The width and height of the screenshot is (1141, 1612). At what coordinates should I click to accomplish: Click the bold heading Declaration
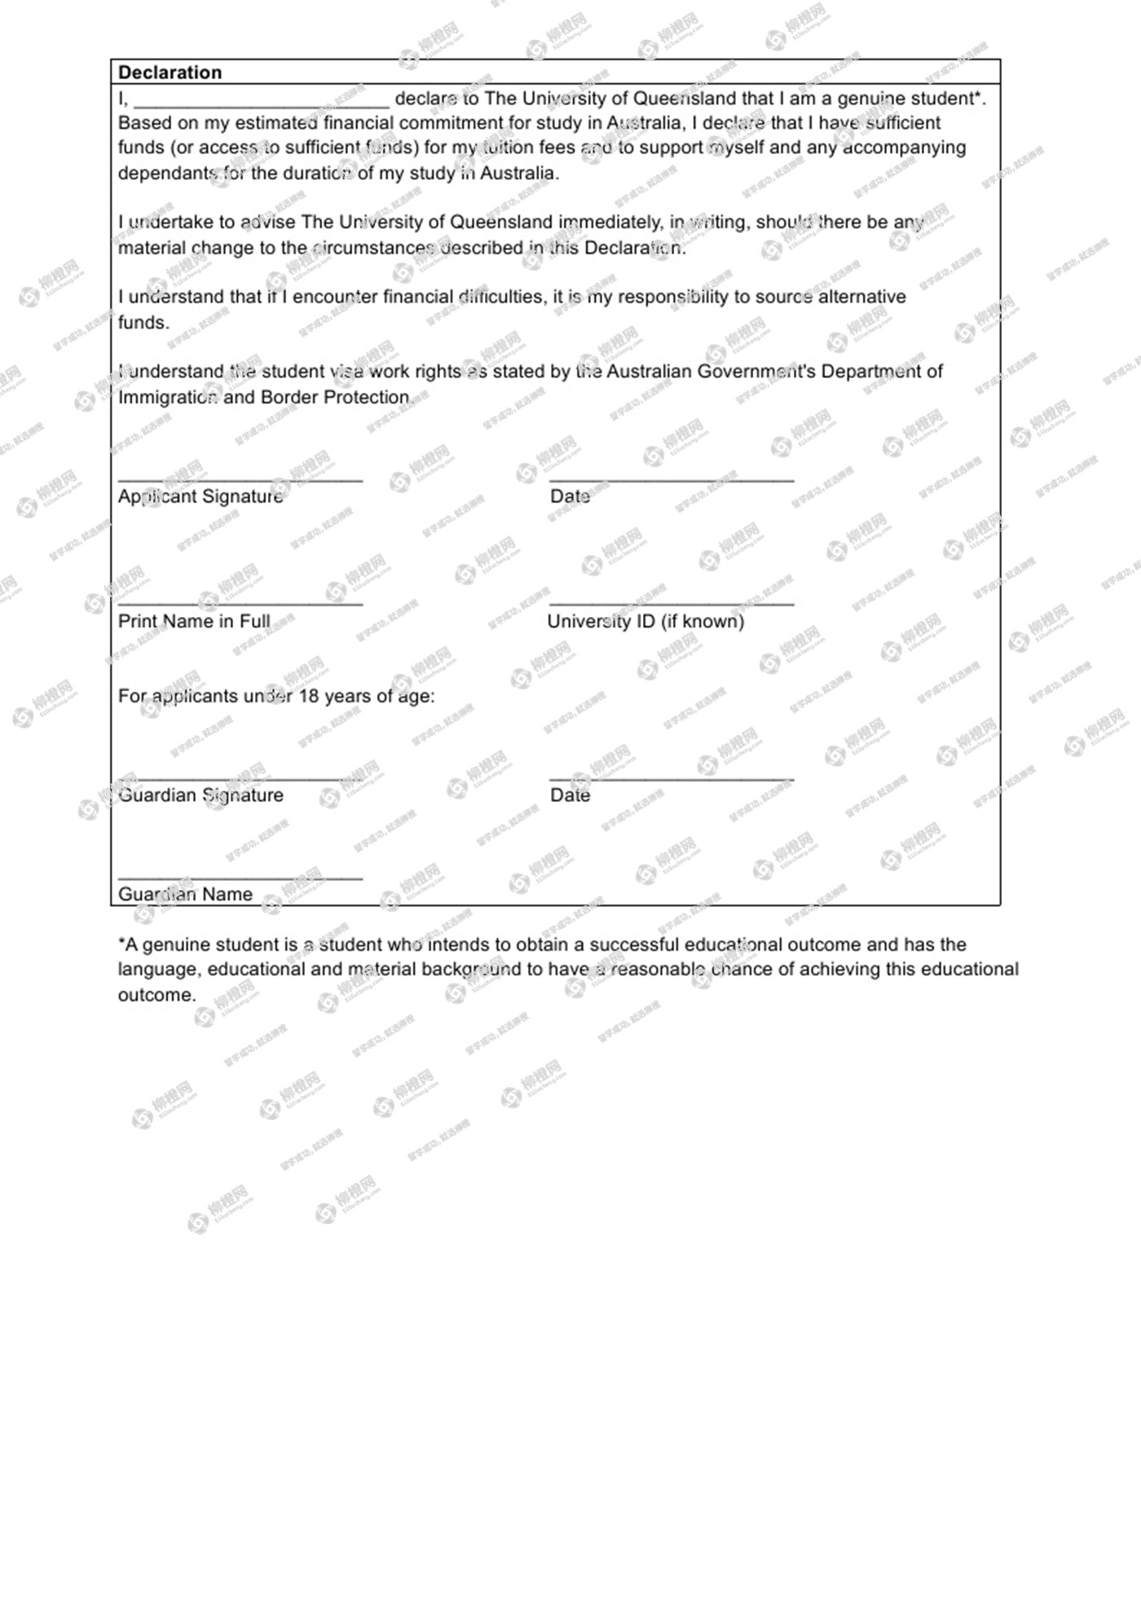tap(170, 73)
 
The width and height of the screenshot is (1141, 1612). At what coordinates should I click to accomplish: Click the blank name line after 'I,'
tap(261, 104)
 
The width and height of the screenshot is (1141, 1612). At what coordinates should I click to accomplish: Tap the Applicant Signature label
tap(200, 496)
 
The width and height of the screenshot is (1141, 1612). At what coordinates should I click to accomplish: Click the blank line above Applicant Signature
tap(240, 480)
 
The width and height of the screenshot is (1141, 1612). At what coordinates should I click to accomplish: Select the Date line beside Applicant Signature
tap(672, 480)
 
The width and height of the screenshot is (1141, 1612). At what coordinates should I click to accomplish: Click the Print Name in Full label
tap(194, 621)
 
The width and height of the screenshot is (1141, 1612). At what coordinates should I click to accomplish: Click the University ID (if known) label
tap(645, 621)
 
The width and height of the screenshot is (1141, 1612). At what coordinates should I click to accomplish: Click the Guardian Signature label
tap(200, 795)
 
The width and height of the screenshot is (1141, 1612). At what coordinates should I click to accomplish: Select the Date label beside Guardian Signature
tap(570, 795)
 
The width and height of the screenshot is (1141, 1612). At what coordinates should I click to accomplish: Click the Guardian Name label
tap(185, 894)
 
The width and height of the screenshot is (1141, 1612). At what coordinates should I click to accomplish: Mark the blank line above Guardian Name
tap(240, 879)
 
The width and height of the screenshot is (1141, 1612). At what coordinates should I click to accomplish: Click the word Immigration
tap(168, 398)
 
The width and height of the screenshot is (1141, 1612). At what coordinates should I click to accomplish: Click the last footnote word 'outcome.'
tap(156, 995)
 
